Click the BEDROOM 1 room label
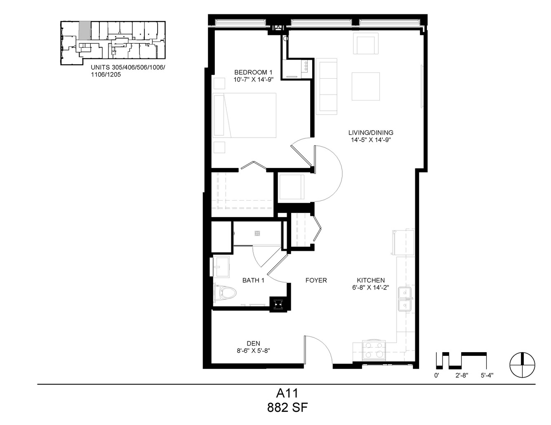[253, 72]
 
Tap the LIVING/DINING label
[371, 133]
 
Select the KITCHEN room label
[371, 280]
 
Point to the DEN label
[253, 343]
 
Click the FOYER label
[316, 280]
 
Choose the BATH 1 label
[253, 280]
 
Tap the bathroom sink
[221, 267]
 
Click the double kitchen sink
[405, 299]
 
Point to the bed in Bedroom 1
[244, 115]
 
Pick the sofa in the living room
[326, 86]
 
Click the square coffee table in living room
[366, 86]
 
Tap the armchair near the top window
[366, 44]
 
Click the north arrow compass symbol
[523, 365]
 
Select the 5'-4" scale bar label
[487, 376]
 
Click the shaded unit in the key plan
[85, 30]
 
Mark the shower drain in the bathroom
[257, 233]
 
